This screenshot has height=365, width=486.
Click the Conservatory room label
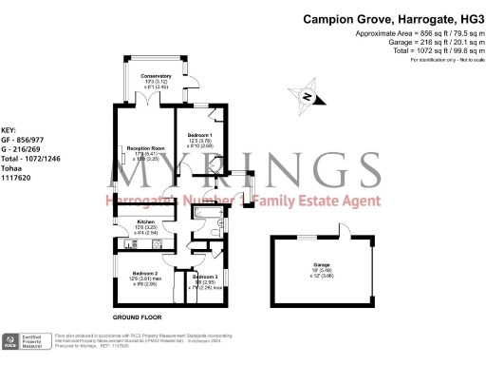point(156,75)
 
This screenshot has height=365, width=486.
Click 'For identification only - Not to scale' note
point(442,60)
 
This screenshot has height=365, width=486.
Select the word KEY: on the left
point(9,129)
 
